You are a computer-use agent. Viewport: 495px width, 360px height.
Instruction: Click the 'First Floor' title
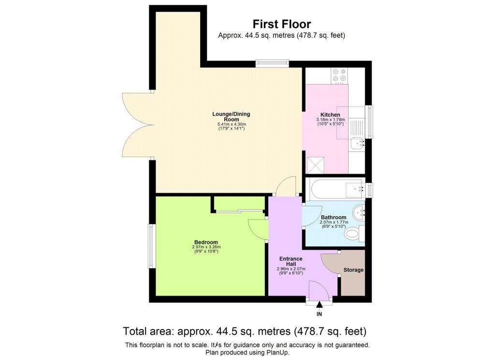[282, 24]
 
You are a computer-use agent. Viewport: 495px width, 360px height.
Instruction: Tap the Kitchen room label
[330, 115]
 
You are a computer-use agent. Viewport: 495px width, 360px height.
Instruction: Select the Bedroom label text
[206, 242]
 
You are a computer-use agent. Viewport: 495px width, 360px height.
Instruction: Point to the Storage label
[353, 270]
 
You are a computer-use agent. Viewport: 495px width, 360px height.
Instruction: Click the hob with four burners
[339, 76]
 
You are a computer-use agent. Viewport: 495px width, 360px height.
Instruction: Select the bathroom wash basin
[359, 213]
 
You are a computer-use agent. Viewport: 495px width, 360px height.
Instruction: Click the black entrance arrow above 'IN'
[320, 305]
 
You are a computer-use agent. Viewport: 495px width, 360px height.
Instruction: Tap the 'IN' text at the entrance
[320, 314]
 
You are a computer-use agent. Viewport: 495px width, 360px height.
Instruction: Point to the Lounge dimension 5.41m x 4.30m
[232, 124]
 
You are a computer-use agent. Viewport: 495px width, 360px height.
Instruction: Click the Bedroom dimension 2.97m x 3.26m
[206, 247]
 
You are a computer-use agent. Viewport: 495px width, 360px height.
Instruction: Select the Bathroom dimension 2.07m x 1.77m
[334, 222]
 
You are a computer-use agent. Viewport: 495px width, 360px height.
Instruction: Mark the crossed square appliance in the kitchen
[316, 165]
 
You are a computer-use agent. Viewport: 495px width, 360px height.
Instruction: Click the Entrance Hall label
[291, 261]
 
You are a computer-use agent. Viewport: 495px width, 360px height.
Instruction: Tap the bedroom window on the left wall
[152, 246]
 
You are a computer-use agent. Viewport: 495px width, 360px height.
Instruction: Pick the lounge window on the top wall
[272, 63]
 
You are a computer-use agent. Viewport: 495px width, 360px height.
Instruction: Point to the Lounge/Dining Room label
[232, 116]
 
